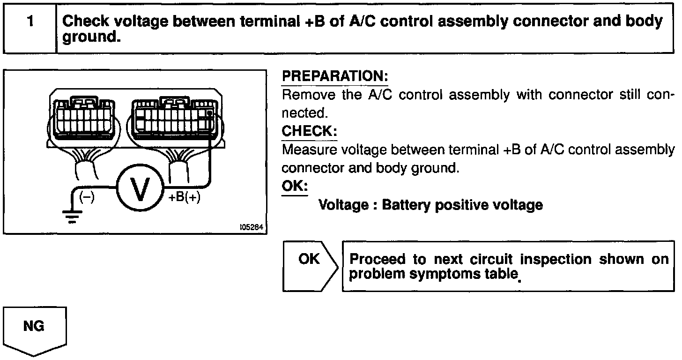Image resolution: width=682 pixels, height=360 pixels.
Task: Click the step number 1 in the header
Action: (30, 22)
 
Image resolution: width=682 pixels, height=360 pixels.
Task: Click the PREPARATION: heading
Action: (335, 76)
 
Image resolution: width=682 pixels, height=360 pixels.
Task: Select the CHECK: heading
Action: (309, 131)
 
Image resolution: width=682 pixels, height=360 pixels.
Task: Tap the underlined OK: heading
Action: (295, 186)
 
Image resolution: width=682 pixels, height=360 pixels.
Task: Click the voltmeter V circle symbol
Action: (139, 188)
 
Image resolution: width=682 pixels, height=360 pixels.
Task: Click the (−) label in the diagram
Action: (87, 197)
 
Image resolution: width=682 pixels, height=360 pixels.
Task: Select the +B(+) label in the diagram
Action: (184, 198)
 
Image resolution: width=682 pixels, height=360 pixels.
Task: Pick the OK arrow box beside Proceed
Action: (310, 265)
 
